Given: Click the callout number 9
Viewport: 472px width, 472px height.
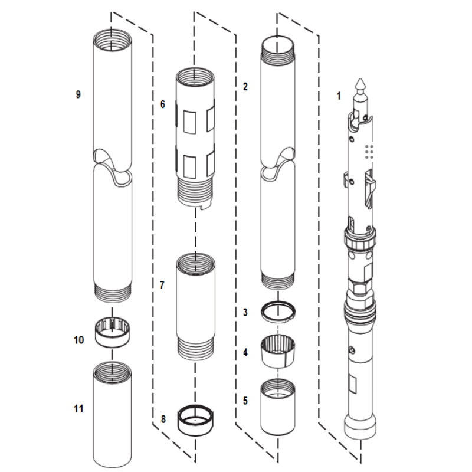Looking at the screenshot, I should click(78, 94).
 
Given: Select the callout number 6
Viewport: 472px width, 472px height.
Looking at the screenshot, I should click(163, 104).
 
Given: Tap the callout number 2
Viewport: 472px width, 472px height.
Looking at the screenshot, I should click(245, 87).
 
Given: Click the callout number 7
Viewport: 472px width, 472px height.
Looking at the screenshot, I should click(163, 284).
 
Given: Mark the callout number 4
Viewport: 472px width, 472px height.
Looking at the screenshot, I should click(245, 352).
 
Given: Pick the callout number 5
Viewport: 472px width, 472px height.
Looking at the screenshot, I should click(245, 400).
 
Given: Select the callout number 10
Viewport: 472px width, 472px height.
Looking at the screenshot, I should click(78, 340).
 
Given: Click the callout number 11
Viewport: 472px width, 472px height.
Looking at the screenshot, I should click(78, 408).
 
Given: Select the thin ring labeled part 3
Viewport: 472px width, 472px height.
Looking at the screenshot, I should click(278, 311).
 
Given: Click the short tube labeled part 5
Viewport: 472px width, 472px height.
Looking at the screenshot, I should click(278, 407).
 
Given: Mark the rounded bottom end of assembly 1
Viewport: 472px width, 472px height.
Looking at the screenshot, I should click(359, 426).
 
